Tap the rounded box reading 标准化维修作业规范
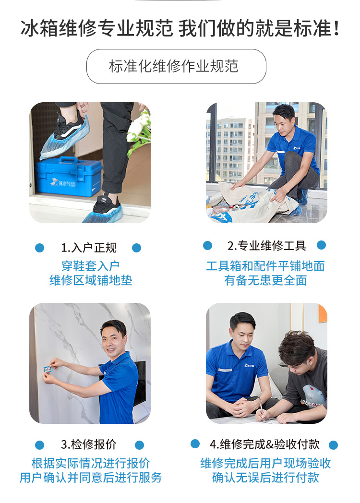176,66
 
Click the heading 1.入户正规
88,248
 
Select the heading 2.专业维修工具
266,246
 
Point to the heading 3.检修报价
88,444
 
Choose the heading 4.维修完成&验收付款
264,444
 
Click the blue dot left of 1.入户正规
39,248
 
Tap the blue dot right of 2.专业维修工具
321,245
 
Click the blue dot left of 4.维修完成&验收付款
195,444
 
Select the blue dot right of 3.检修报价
139,445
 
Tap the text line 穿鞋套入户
91,266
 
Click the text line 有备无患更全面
265,280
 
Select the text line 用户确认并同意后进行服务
91,478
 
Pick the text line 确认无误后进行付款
265,478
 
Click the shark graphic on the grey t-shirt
313,394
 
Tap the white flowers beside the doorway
139,130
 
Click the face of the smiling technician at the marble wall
113,341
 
